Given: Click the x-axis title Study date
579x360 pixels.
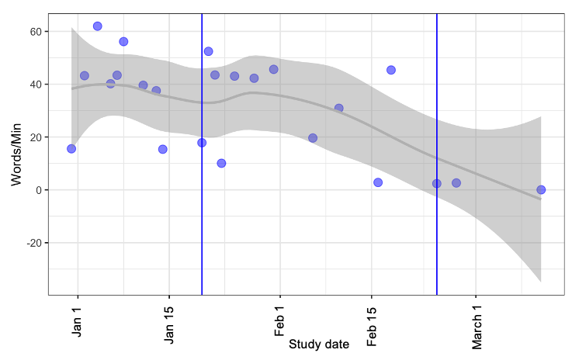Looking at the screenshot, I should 318,344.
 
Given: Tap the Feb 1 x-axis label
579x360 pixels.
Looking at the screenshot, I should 280,317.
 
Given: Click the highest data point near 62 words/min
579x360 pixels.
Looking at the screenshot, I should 98,26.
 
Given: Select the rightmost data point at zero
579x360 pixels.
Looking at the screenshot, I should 541,190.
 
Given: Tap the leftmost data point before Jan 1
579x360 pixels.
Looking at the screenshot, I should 71,149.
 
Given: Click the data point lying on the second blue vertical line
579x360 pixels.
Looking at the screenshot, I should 437,184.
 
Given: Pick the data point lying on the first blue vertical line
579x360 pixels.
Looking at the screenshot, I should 202,143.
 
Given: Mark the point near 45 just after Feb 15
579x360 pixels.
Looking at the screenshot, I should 391,70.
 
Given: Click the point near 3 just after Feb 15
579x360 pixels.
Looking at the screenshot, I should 378,182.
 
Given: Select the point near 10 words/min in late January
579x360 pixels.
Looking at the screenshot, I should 221,164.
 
